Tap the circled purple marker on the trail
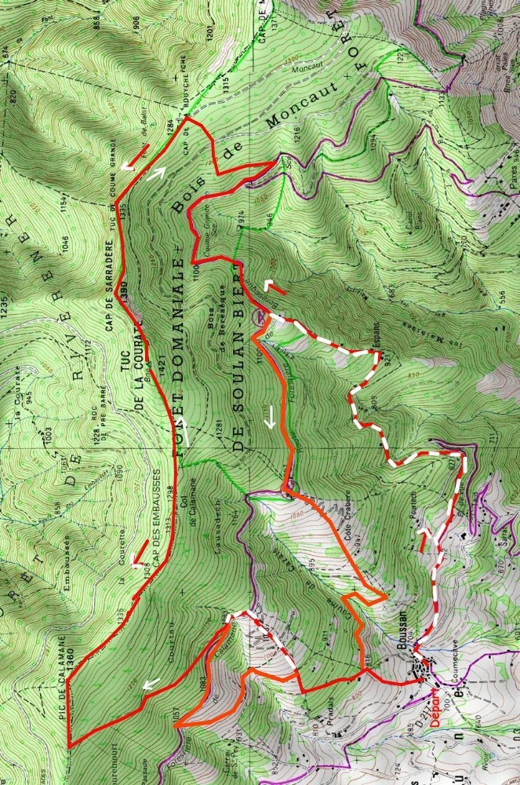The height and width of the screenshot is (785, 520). (x=259, y=318)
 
